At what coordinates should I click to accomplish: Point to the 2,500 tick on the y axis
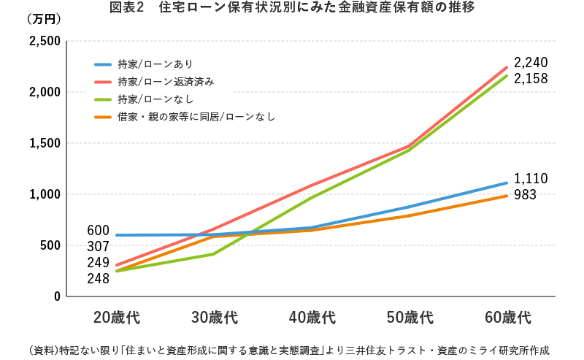tap(45, 42)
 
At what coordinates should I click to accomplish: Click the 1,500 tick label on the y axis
tap(45, 144)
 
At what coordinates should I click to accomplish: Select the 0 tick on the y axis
tap(55, 296)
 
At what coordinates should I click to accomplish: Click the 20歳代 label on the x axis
tap(116, 318)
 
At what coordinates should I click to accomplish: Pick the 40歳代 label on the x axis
tap(312, 318)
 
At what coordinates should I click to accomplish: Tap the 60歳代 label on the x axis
tap(507, 318)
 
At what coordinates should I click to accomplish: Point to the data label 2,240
tap(531, 62)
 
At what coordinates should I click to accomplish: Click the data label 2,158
tap(531, 78)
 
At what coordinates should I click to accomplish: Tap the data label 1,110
tap(531, 179)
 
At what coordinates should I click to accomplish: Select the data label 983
tap(526, 195)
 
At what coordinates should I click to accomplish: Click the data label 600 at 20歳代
tap(98, 231)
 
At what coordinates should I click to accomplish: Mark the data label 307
tap(98, 247)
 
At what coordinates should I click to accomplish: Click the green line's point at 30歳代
tap(213, 254)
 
